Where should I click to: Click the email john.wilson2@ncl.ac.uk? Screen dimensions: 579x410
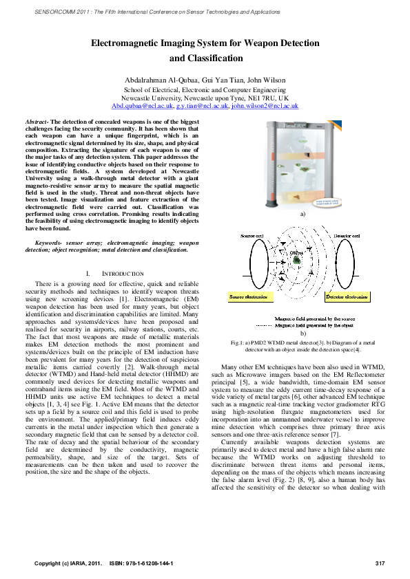click(265, 107)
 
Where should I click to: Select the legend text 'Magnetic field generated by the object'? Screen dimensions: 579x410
click(315, 345)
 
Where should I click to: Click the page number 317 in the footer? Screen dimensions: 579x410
click(379, 564)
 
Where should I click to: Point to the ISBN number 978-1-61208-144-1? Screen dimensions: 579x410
click(151, 564)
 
